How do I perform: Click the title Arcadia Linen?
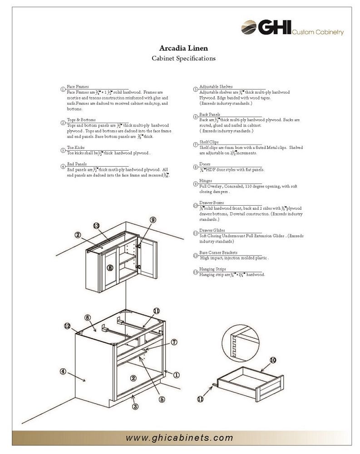click(183, 48)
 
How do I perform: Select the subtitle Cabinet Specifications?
click(183, 59)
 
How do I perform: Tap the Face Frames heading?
click(78, 86)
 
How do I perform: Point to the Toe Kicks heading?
click(76, 148)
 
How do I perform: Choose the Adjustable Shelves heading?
click(216, 86)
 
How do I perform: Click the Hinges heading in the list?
click(206, 181)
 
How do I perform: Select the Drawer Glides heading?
click(212, 231)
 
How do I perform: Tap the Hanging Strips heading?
click(212, 269)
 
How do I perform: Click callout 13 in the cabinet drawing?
click(96, 226)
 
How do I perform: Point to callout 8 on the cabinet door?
click(110, 267)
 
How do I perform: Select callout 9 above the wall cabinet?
click(153, 220)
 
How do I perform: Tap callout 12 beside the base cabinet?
click(67, 326)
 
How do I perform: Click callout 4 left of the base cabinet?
click(64, 371)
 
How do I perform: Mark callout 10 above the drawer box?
click(273, 360)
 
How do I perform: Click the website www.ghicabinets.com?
click(179, 438)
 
